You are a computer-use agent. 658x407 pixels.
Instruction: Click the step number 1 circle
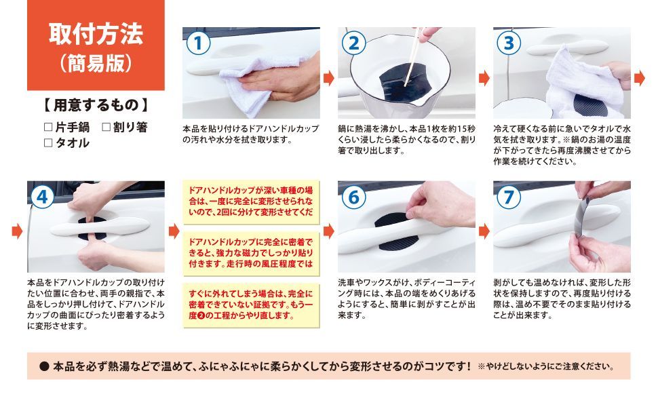pyautogui.click(x=198, y=43)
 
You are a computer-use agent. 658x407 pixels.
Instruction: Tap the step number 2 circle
pyautogui.click(x=353, y=43)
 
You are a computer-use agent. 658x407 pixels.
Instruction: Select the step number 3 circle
pyautogui.click(x=509, y=43)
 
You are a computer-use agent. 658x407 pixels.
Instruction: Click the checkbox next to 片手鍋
pyautogui.click(x=48, y=127)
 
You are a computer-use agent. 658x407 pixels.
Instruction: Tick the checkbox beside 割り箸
pyautogui.click(x=107, y=127)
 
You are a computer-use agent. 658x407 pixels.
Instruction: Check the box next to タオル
pyautogui.click(x=48, y=143)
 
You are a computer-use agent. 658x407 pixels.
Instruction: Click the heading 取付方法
pyautogui.click(x=96, y=34)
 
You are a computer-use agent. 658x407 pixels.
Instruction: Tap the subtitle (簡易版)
pyautogui.click(x=96, y=63)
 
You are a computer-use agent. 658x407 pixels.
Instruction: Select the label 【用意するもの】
pyautogui.click(x=96, y=105)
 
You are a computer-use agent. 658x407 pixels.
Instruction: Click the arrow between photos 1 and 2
pyautogui.click(x=329, y=77)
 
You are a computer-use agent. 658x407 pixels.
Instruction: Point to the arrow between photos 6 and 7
pyautogui.click(x=484, y=231)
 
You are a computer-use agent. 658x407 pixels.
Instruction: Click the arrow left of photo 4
pyautogui.click(x=17, y=231)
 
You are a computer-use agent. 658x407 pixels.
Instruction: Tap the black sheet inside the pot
pyautogui.click(x=405, y=82)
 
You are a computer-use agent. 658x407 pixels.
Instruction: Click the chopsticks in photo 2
pyautogui.click(x=412, y=57)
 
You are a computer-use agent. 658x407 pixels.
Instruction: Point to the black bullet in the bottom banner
pyautogui.click(x=45, y=367)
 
